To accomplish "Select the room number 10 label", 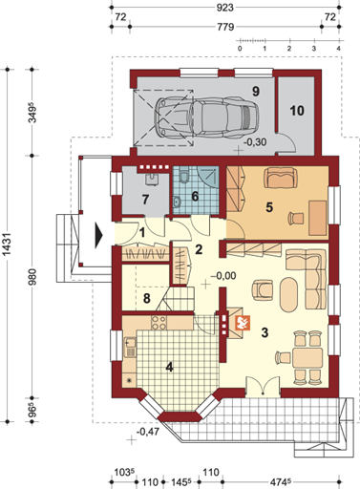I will tap(296, 111).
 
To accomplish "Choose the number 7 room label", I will tap(145, 199).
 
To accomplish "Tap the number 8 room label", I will tap(146, 299).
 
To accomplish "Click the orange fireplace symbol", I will tap(242, 323).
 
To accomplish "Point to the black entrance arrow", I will tap(97, 229).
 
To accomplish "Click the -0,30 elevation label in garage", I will tap(255, 141).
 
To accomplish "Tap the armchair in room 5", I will tap(281, 178).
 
